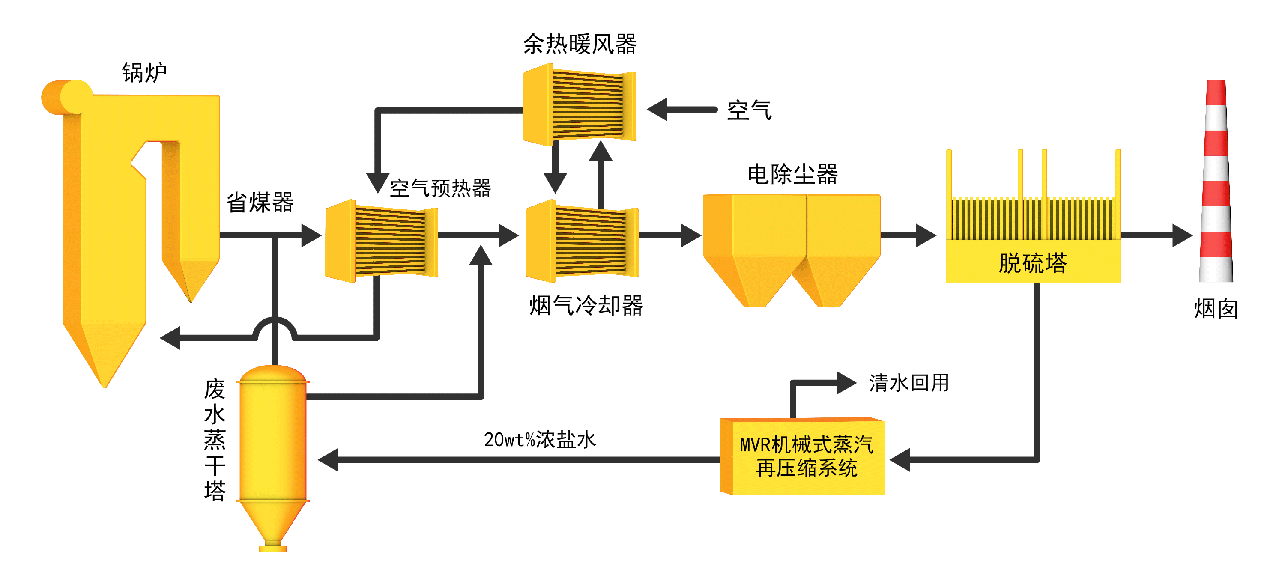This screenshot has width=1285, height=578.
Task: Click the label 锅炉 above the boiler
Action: pos(144,73)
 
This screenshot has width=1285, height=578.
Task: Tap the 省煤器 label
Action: pos(260,203)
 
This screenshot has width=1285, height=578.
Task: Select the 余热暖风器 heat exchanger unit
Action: pos(579,105)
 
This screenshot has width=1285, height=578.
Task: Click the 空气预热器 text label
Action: pos(440,188)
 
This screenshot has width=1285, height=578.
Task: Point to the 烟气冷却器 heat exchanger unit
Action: pos(582,241)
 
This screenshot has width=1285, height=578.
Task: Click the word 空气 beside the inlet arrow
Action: pos(749,110)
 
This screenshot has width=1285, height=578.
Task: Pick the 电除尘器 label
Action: pos(792,175)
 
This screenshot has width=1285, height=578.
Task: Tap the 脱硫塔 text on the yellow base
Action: pos(1033,263)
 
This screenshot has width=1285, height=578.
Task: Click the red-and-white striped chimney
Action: pos(1216,182)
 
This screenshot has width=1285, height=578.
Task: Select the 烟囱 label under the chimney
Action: pos(1216,309)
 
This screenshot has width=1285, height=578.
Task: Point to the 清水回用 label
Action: pos(908,383)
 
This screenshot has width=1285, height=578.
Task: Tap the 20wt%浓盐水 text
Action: pos(540,439)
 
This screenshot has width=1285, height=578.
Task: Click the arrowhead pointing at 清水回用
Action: pos(846,383)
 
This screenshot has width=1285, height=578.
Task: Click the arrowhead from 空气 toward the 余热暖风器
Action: pos(658,110)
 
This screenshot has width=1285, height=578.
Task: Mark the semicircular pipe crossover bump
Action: pos(275,328)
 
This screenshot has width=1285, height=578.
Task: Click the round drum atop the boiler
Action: pos(75,96)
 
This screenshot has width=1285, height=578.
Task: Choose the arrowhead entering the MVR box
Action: pos(900,460)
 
